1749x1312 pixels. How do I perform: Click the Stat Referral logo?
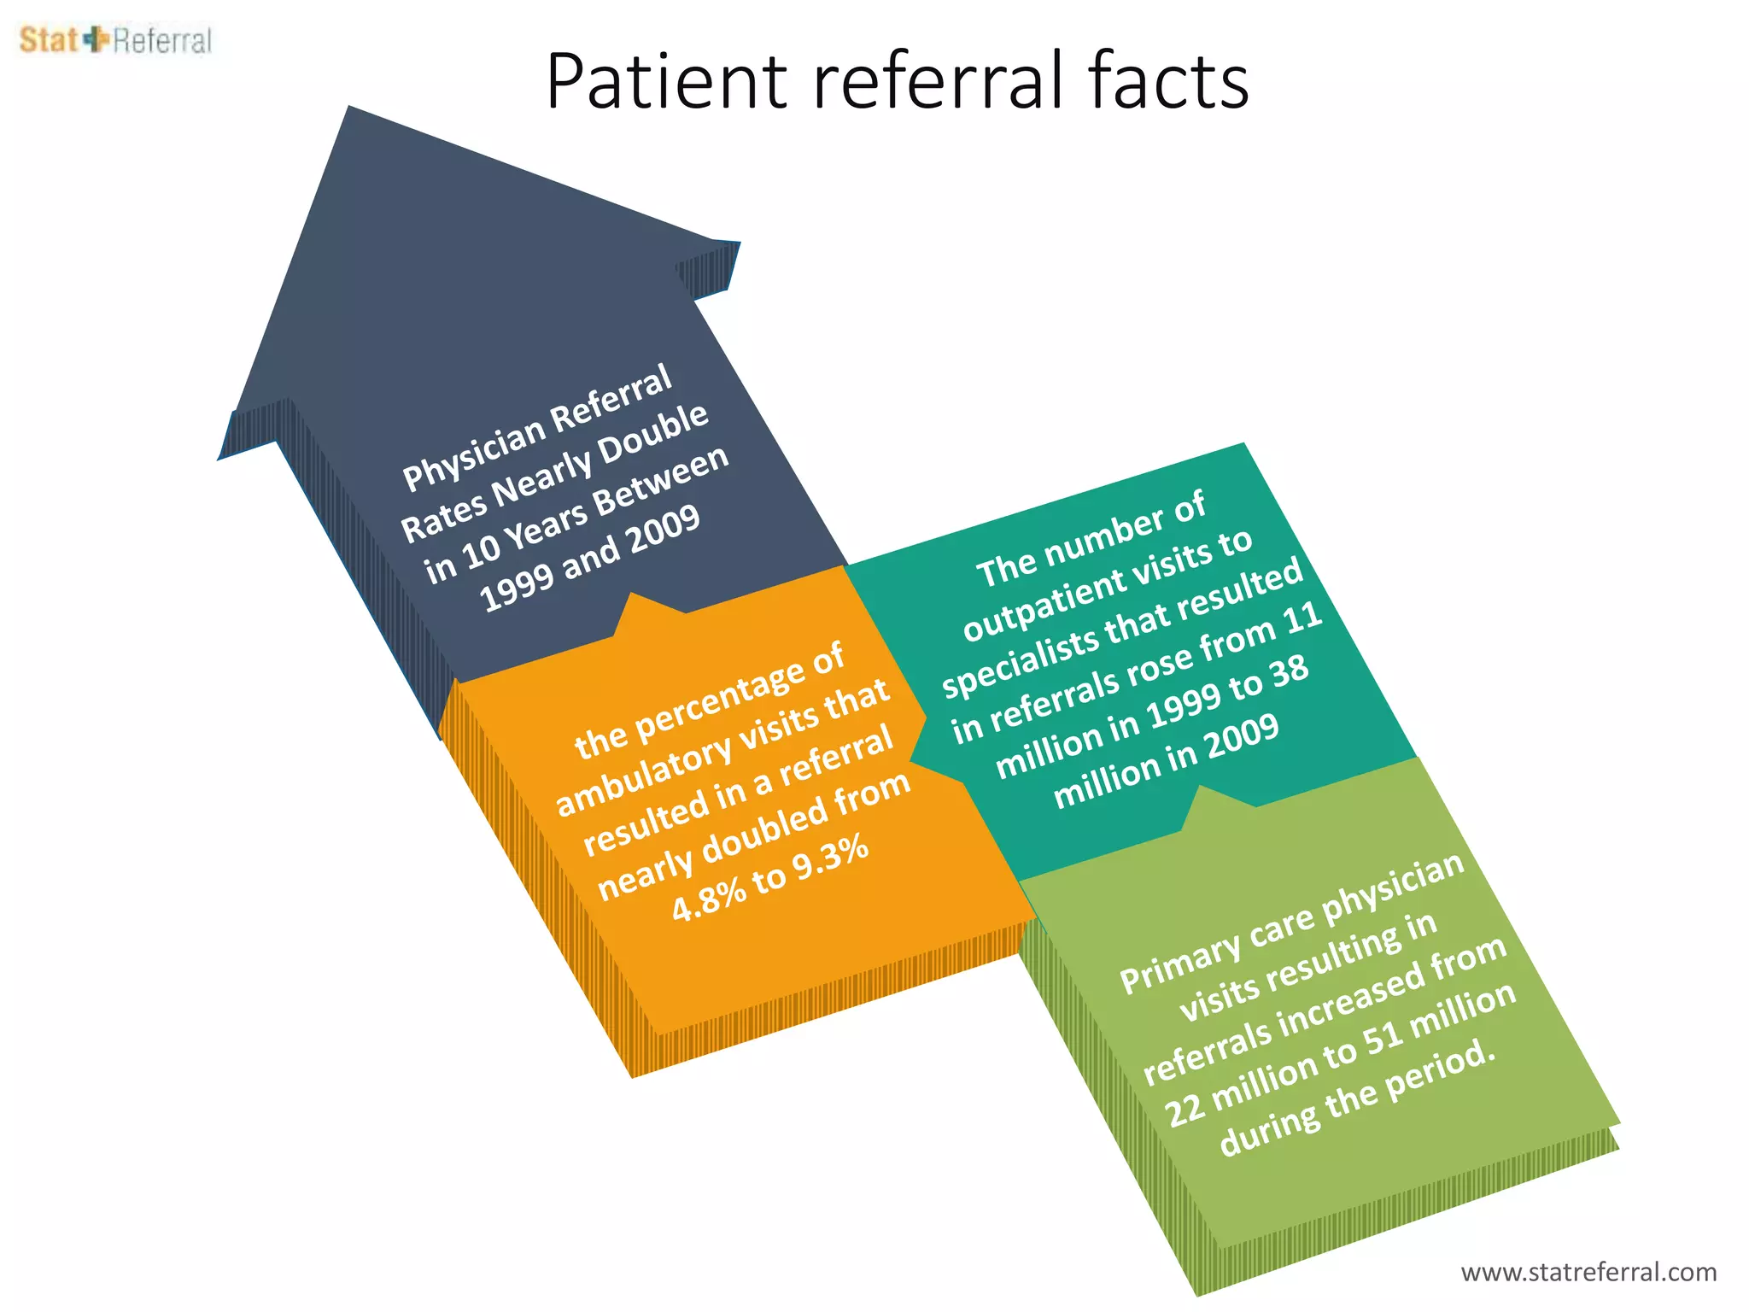point(115,40)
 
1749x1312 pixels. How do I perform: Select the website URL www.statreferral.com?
point(1588,1272)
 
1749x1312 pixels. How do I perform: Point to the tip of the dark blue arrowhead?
point(349,109)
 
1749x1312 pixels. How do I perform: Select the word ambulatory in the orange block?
point(642,776)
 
